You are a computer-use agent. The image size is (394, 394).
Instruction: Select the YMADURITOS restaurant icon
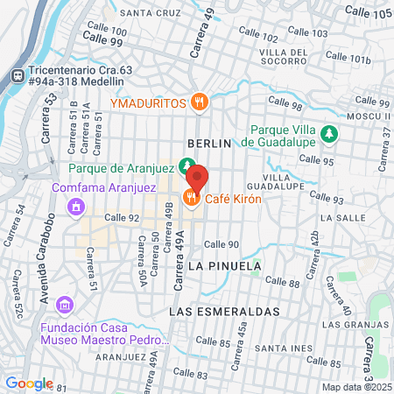[201, 102]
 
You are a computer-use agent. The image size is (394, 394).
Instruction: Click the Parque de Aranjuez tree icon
[186, 165]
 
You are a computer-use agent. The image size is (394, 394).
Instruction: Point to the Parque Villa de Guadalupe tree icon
[328, 134]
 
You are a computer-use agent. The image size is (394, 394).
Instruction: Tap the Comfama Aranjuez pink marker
[75, 207]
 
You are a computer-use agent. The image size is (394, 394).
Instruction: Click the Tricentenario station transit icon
[16, 76]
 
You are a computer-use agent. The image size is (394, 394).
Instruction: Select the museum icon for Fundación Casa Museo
[63, 305]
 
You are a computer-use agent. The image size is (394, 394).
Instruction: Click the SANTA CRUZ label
[150, 13]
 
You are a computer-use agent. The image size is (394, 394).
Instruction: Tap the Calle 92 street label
[122, 218]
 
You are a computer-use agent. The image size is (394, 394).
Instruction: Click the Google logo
[29, 383]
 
